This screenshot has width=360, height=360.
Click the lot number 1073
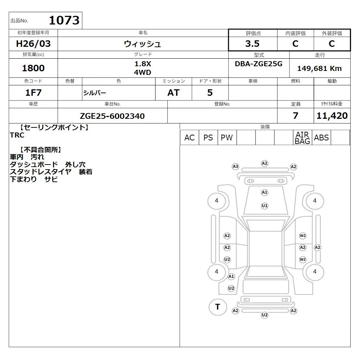click(x=64, y=20)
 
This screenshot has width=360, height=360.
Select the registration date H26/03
click(x=33, y=44)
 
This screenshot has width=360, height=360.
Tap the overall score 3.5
click(x=252, y=44)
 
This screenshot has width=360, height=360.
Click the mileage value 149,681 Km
click(x=319, y=68)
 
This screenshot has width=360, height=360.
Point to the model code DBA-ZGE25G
click(x=258, y=64)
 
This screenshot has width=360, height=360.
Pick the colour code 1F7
click(x=33, y=93)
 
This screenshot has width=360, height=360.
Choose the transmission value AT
click(x=174, y=93)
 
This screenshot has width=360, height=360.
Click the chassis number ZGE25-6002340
click(x=112, y=116)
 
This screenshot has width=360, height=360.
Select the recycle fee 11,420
click(x=332, y=116)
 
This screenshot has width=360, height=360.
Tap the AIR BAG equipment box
click(x=302, y=138)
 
